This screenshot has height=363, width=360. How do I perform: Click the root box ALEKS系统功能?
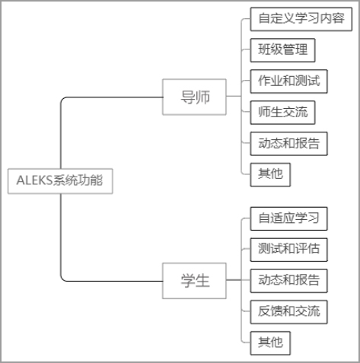pyautogui.click(x=60, y=181)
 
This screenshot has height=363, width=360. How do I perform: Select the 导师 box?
pyautogui.click(x=194, y=97)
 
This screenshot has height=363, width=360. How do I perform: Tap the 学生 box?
pyautogui.click(x=194, y=281)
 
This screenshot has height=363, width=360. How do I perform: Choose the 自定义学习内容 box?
pyautogui.click(x=301, y=19)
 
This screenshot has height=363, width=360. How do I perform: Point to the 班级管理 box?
pyautogui.click(x=282, y=50)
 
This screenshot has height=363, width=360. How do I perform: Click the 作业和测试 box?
pyautogui.click(x=288, y=81)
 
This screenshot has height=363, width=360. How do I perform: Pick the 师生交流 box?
pyautogui.click(x=282, y=113)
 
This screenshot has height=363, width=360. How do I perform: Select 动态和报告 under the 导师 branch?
pyautogui.click(x=288, y=144)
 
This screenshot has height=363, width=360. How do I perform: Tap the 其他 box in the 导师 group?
pyautogui.click(x=270, y=175)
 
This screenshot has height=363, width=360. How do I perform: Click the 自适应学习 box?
pyautogui.click(x=288, y=218)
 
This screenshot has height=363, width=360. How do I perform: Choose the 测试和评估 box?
pyautogui.click(x=288, y=250)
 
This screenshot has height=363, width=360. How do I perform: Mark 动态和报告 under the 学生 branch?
pyautogui.click(x=288, y=281)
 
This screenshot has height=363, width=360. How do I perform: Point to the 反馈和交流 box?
pyautogui.click(x=288, y=312)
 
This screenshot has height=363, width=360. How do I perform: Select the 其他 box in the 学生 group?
pyautogui.click(x=270, y=343)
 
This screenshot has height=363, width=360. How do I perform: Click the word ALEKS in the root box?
pyautogui.click(x=34, y=180)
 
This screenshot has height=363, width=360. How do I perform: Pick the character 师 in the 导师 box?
pyautogui.click(x=202, y=97)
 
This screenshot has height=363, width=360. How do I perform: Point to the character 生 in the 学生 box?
pyautogui.click(x=202, y=281)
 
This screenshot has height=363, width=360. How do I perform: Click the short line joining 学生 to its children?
pyautogui.click(x=234, y=280)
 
